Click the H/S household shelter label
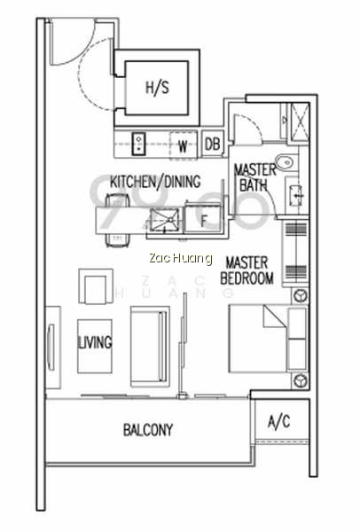(157, 88)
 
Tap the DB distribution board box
(213, 144)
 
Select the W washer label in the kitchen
(183, 146)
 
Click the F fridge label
(203, 221)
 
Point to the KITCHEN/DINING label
(155, 182)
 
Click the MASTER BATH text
(254, 177)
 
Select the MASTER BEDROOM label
(247, 270)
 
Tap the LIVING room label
(95, 342)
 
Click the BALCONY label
(148, 430)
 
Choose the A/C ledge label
(279, 422)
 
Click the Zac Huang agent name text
(181, 258)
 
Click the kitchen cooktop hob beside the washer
(139, 144)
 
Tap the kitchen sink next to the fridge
(164, 220)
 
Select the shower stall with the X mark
(298, 121)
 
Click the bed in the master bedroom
(268, 339)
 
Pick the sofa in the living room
(150, 347)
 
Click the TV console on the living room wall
(53, 348)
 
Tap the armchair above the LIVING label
(96, 286)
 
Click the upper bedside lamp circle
(301, 295)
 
